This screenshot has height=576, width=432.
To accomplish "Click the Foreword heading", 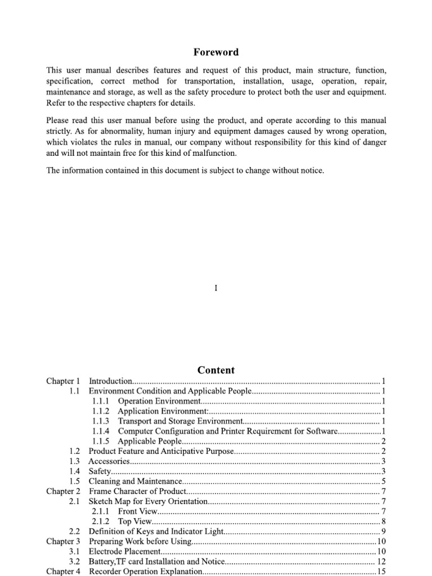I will (216, 52).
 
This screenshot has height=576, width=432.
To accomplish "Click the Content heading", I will (216, 370).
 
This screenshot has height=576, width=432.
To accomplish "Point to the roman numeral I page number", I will (216, 288).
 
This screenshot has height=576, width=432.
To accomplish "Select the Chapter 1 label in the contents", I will (63, 381).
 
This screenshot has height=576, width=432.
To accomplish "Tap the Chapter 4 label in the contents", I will (63, 571).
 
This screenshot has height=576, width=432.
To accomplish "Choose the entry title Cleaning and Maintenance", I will (136, 481).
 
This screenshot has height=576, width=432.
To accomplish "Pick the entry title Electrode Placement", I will (125, 551).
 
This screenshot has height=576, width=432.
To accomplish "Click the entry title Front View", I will (137, 511).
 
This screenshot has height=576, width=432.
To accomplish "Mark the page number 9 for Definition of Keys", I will (383, 531).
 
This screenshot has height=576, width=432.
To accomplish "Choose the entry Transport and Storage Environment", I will (179, 421).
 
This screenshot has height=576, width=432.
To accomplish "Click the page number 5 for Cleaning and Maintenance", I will (383, 481).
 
